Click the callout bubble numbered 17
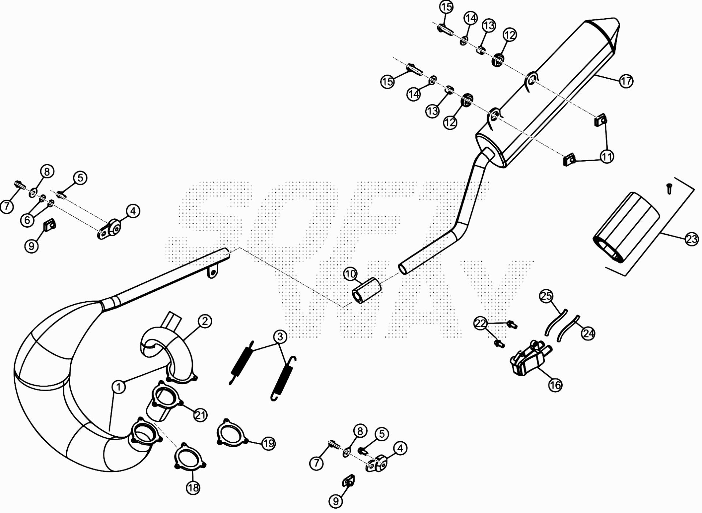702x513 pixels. [x=626, y=81]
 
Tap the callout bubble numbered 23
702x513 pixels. [x=691, y=240]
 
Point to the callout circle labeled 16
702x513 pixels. [x=555, y=385]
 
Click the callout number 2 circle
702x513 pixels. [x=204, y=322]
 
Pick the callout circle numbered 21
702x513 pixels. [x=200, y=415]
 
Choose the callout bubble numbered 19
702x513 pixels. [x=268, y=444]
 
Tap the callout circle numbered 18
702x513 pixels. [x=193, y=487]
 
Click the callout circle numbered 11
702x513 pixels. [x=607, y=157]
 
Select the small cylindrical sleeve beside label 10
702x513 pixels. [x=367, y=290]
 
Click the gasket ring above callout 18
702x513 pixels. [x=190, y=456]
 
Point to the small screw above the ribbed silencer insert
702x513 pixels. [x=669, y=189]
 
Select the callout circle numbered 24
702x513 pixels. [x=588, y=333]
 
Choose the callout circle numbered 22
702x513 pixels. [x=480, y=323]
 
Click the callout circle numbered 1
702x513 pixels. [x=119, y=387]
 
